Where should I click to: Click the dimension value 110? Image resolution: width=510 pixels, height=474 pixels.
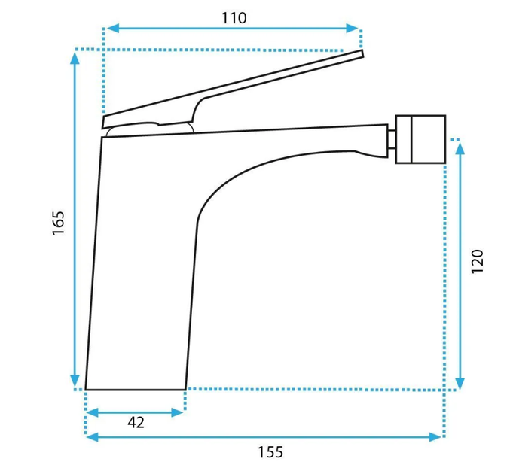[x=234, y=18]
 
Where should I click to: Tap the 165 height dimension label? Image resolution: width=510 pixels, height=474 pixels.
[x=59, y=223]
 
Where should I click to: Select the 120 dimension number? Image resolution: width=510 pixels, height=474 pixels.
[x=477, y=261]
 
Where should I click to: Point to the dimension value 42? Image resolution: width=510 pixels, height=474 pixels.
[x=136, y=422]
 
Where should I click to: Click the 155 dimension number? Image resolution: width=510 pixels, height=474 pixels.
[x=270, y=452]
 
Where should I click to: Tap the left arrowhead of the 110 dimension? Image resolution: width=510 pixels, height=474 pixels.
[x=112, y=29]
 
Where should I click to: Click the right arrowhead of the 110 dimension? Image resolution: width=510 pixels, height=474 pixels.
[x=353, y=29]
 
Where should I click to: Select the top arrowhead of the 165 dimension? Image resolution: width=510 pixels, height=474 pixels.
[x=75, y=58]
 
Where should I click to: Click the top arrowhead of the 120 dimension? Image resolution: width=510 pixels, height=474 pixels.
[x=460, y=148]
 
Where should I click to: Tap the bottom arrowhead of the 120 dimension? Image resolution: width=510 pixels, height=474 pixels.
[x=460, y=384]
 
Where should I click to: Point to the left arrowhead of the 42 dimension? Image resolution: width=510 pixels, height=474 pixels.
[x=93, y=413]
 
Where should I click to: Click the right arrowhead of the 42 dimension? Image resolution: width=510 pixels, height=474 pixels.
[x=177, y=413]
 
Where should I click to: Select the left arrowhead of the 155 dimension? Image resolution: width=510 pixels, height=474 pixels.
[x=93, y=437]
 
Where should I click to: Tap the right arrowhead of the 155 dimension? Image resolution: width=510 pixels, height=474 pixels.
[x=435, y=437]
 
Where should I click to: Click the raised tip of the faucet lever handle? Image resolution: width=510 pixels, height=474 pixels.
[x=362, y=54]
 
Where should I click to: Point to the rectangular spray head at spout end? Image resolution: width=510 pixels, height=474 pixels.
[x=420, y=139]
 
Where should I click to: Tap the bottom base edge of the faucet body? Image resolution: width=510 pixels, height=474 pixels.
[x=136, y=389]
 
